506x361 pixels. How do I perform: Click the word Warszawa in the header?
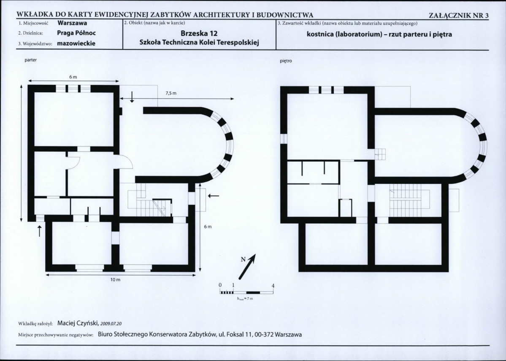click(72, 23)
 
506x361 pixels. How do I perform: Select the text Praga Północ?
click(76, 33)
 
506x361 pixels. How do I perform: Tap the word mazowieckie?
click(76, 43)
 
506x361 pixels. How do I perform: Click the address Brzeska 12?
click(199, 33)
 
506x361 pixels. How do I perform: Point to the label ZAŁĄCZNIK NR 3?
click(459, 15)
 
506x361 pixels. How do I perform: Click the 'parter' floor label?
click(31, 60)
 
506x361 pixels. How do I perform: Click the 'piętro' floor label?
click(286, 61)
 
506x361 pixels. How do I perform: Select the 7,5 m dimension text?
click(171, 93)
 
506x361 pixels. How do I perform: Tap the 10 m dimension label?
click(115, 280)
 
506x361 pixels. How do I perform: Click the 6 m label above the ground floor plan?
click(73, 77)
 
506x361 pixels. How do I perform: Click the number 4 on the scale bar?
click(273, 286)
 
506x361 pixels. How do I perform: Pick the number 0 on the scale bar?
click(220, 285)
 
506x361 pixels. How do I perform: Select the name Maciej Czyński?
click(78, 323)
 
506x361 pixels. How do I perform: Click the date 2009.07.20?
click(111, 324)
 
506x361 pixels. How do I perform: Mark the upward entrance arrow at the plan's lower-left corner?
click(40, 231)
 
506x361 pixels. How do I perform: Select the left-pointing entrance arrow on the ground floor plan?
click(213, 196)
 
